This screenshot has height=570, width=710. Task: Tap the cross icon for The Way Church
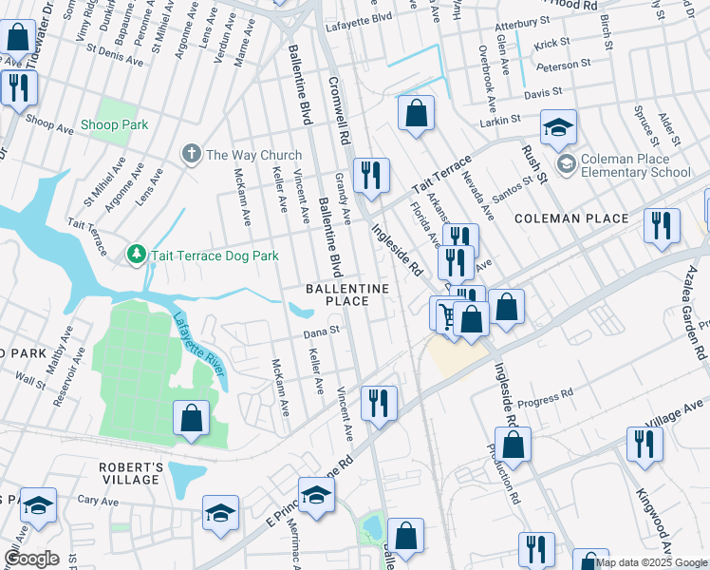click(x=191, y=154)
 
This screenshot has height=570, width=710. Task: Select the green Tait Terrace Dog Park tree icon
click(x=137, y=256)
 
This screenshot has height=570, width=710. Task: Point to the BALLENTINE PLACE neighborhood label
click(x=346, y=294)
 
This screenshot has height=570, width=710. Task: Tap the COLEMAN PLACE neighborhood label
click(x=571, y=218)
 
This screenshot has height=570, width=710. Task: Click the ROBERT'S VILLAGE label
click(x=132, y=473)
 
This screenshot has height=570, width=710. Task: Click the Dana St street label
click(x=321, y=333)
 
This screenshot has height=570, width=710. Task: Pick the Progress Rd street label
click(x=552, y=392)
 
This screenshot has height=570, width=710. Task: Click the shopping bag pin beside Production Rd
click(x=513, y=444)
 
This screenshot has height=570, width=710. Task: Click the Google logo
click(x=31, y=559)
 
